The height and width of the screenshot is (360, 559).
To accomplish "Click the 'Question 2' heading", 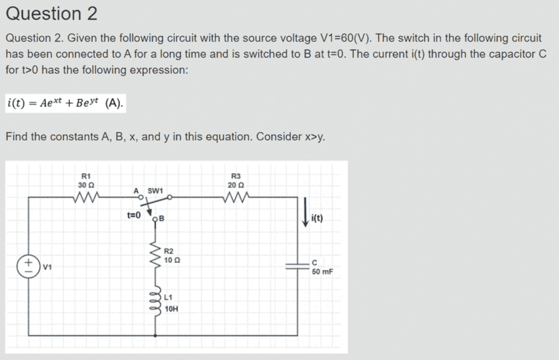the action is coord(51,14).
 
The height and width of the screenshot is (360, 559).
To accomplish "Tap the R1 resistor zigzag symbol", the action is coord(86,196).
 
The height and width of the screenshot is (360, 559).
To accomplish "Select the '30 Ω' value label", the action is coord(86,186).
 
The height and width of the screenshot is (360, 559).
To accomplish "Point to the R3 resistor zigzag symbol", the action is coord(236,196).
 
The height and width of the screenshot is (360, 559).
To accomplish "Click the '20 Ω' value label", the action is coord(236,186).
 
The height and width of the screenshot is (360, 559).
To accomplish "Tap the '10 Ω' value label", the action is coord(172,260).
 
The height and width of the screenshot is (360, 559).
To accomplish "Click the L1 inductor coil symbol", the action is coord(156,301).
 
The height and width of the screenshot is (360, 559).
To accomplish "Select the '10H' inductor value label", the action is coord(172,309).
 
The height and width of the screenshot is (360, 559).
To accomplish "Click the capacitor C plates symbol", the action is coord(297,266).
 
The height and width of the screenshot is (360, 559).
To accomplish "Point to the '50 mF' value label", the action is coord(323,272).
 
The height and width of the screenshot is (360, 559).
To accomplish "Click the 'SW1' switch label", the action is coord(155,191).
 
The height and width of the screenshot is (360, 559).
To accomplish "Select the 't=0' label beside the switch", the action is coord(134,215).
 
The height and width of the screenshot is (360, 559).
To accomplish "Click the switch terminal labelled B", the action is coord(155,219).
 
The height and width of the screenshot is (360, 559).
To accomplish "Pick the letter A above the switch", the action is coord(136,191).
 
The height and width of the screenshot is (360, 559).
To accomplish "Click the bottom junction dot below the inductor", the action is coord(155,335).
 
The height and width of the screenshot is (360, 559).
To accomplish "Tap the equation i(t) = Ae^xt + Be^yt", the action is coord(65,103).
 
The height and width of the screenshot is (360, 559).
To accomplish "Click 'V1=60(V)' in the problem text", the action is coord(346,38).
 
